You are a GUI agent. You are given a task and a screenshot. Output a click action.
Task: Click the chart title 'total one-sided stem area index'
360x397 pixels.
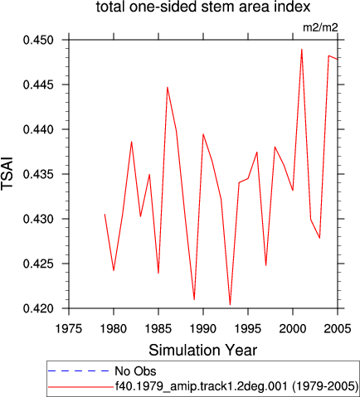coord(203,7)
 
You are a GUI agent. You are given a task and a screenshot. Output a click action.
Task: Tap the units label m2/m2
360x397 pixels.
coord(320,27)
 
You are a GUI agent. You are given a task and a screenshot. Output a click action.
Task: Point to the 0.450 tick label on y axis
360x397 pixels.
coord(38,40)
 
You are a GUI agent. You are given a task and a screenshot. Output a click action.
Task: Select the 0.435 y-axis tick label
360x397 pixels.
coord(38,174)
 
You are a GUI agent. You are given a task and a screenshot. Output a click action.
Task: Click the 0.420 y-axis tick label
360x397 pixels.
coord(38,308)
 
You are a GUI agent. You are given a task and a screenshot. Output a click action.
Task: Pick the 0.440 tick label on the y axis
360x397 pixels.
coord(38,129)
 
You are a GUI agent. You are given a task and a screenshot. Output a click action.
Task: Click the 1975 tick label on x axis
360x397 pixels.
coord(69,329)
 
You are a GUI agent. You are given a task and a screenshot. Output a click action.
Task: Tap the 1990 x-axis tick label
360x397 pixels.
coord(203,329)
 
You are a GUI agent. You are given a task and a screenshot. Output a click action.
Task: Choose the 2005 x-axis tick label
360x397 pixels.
coord(338,329)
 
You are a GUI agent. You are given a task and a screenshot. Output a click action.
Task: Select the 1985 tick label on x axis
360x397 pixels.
coord(158,329)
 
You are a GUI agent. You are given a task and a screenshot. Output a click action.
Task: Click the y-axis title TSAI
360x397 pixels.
coord(7,173)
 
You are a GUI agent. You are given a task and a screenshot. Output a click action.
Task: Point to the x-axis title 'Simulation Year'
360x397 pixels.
coord(203,350)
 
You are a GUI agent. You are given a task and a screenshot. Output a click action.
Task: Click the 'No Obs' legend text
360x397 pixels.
coord(135,371)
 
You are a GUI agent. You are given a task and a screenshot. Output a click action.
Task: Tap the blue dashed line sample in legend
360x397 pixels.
coord(79,370)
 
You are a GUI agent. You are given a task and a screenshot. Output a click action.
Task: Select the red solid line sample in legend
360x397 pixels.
coord(80,387)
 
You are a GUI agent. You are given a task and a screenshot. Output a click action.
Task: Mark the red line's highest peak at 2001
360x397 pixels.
coord(302,49)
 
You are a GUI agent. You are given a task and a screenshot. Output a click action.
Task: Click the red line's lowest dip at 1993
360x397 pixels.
coord(230,305)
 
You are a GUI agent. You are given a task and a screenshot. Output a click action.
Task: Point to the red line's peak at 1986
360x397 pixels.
coord(168,87)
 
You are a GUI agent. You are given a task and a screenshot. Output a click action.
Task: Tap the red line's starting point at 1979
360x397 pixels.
coord(105,214)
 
